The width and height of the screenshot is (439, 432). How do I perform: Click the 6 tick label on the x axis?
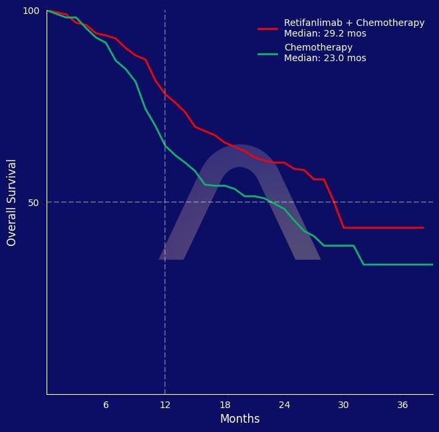pyautogui.click(x=106, y=405)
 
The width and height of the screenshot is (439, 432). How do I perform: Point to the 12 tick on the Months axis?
pyautogui.click(x=165, y=405)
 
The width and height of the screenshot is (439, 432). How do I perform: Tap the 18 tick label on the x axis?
pyautogui.click(x=225, y=405)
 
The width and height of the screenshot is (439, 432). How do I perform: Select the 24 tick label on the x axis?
pyautogui.click(x=284, y=405)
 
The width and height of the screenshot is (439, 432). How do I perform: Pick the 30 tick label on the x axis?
pyautogui.click(x=343, y=405)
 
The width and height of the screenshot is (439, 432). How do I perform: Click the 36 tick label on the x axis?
pyautogui.click(x=402, y=405)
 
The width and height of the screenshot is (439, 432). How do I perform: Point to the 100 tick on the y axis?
pyautogui.click(x=31, y=11)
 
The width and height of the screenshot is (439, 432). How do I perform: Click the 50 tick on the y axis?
pyautogui.click(x=34, y=203)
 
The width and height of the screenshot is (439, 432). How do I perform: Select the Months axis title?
pyautogui.click(x=239, y=419)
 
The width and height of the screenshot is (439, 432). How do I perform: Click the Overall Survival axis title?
pyautogui.click(x=11, y=203)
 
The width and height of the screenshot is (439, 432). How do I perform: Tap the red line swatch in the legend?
pyautogui.click(x=267, y=29)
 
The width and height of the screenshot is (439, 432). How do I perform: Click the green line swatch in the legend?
pyautogui.click(x=267, y=53)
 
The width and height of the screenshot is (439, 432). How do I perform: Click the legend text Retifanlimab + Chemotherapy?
pyautogui.click(x=354, y=23)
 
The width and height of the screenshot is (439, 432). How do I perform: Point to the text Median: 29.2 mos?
pyautogui.click(x=325, y=33)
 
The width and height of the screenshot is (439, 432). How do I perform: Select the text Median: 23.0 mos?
pyautogui.click(x=325, y=58)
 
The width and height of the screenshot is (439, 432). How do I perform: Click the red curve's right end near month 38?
pyautogui.click(x=422, y=227)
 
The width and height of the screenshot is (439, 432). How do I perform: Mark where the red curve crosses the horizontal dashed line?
pyautogui.click(x=335, y=202)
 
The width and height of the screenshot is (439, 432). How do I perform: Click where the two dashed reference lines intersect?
pyautogui.click(x=165, y=202)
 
